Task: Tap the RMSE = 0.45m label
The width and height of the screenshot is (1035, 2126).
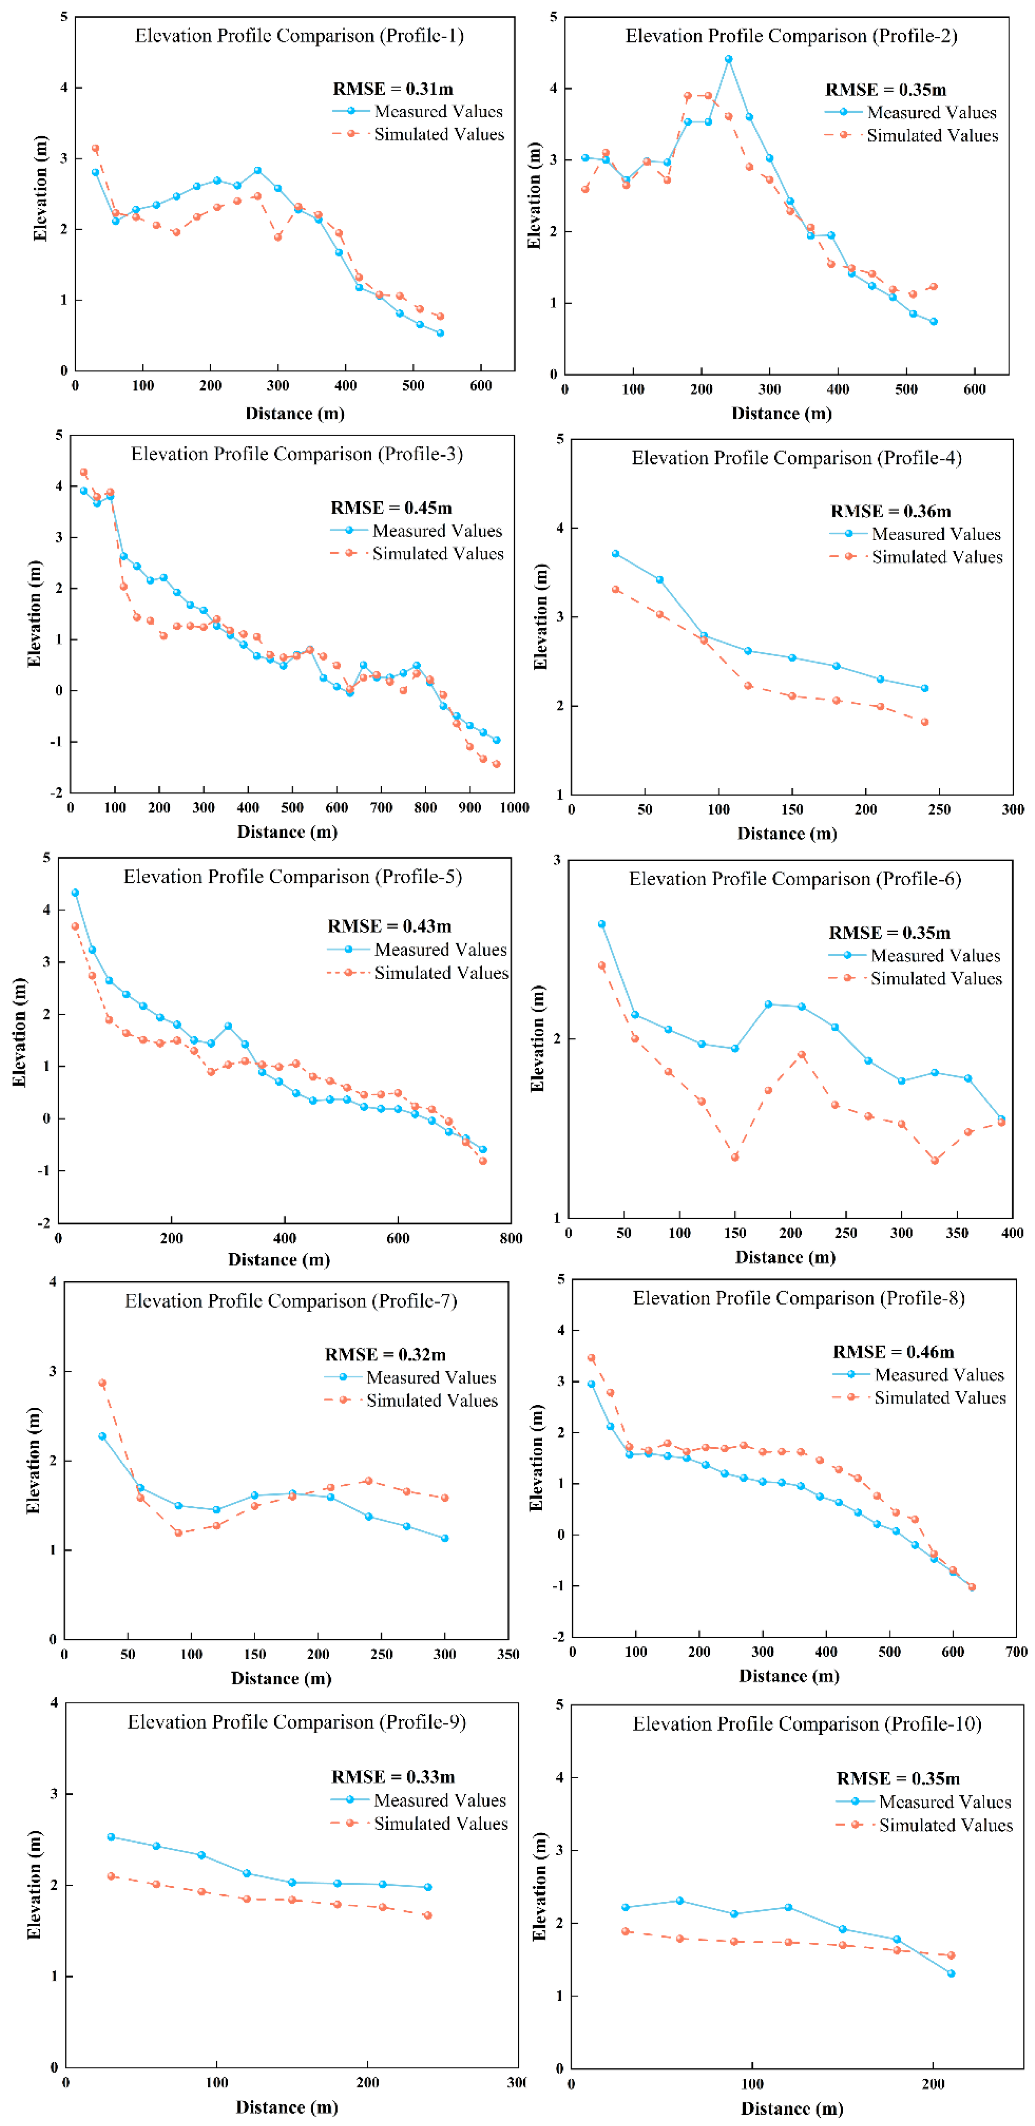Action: pyautogui.click(x=391, y=507)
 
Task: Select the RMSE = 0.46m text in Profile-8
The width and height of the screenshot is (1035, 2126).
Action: pyautogui.click(x=893, y=1352)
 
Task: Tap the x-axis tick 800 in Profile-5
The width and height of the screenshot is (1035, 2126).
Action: pyautogui.click(x=511, y=1238)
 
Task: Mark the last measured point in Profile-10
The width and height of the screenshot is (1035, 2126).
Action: pyautogui.click(x=951, y=1973)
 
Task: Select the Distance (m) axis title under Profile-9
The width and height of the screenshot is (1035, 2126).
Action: pyautogui.click(x=286, y=2107)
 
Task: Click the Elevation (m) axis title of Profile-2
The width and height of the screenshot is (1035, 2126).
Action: pyautogui.click(x=534, y=196)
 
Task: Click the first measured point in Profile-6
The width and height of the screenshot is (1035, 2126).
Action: pyautogui.click(x=602, y=924)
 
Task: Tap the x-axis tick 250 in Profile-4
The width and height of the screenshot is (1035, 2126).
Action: pyautogui.click(x=939, y=809)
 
